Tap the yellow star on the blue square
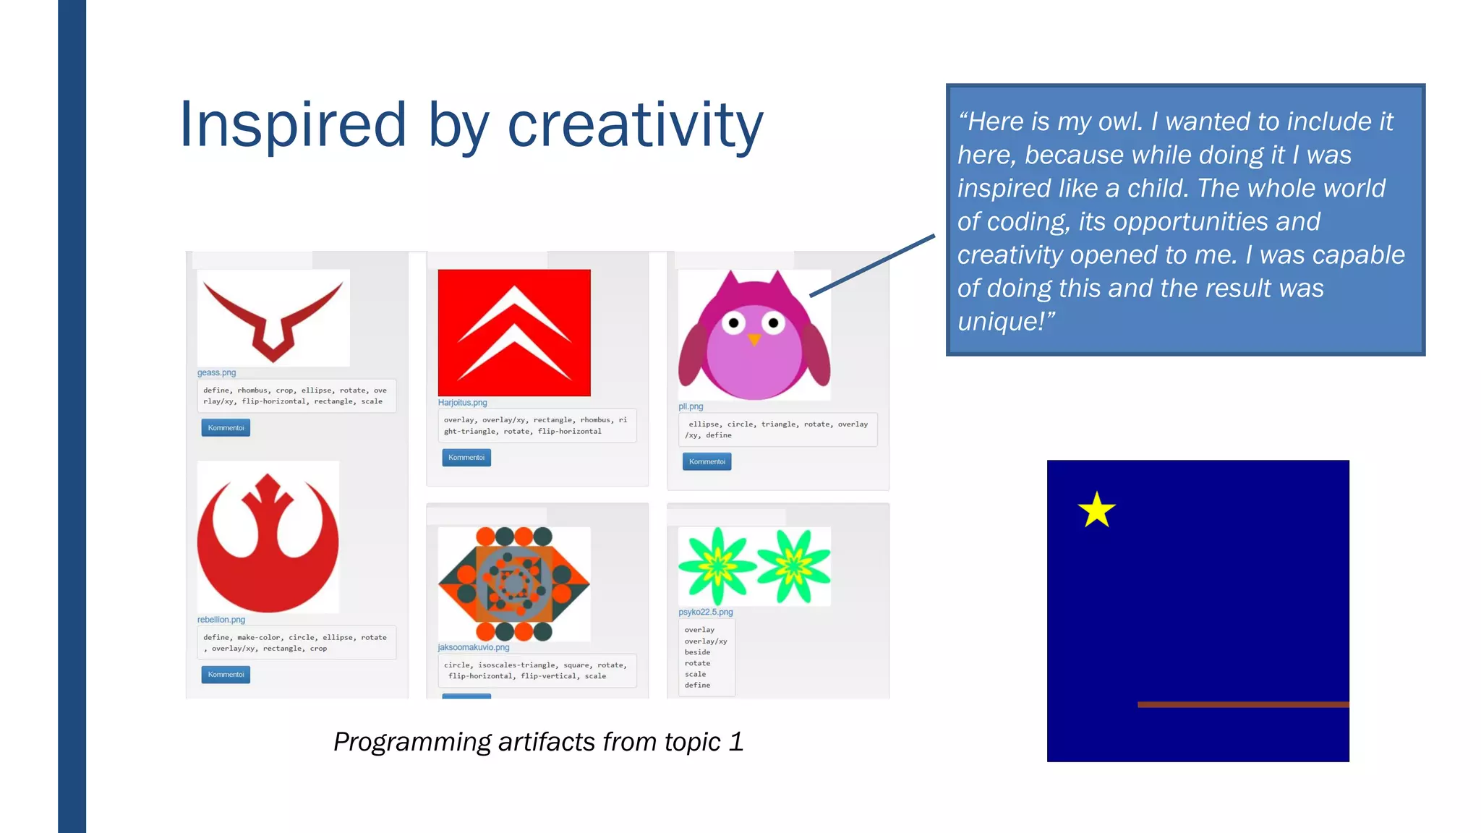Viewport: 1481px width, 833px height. coord(1096,511)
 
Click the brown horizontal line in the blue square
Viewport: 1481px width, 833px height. coord(1242,704)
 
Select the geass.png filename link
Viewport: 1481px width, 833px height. coord(216,373)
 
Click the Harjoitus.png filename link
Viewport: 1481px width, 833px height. coord(462,403)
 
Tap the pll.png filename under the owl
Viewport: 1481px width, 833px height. coord(691,406)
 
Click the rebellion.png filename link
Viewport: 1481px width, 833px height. coord(221,620)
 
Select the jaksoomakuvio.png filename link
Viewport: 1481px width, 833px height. coord(474,647)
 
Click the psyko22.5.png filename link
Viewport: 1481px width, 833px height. coord(705,612)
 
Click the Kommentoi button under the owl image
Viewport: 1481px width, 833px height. coord(707,461)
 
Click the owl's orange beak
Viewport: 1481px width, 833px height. coord(754,338)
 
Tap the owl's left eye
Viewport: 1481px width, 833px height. coord(734,322)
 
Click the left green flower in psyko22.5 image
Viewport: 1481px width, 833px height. coord(717,565)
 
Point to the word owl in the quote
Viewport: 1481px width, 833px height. coord(1119,121)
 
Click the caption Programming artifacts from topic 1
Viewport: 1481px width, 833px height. coord(538,742)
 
